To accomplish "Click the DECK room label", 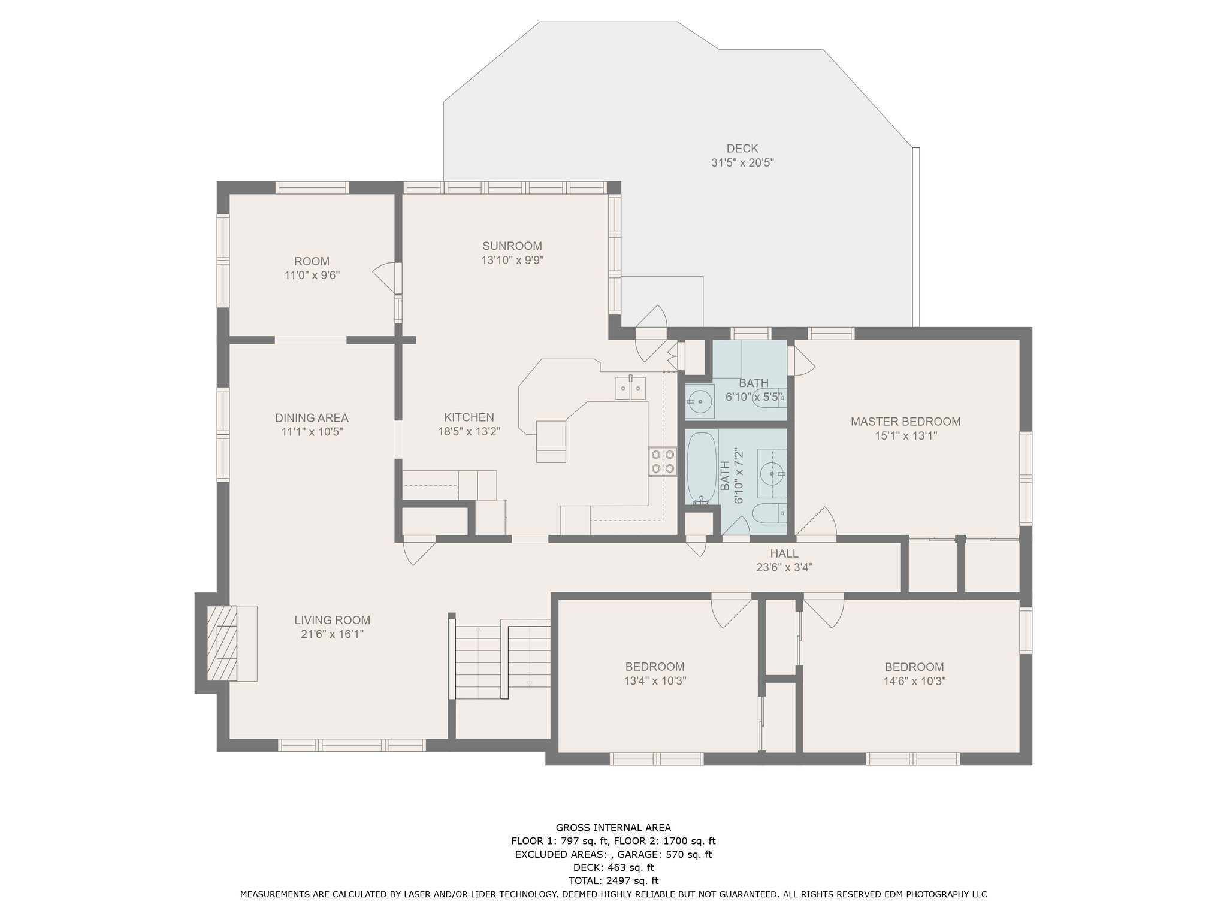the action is (x=742, y=149).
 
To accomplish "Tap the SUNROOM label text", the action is (x=512, y=246).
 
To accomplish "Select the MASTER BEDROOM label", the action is (x=905, y=422).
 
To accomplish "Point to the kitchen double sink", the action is (x=631, y=388).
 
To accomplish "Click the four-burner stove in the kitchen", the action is (x=662, y=462).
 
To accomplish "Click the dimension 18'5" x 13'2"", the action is (x=469, y=432).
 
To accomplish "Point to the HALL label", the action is (x=784, y=554).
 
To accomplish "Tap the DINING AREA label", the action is (x=312, y=418).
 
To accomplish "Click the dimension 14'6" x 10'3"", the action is (x=914, y=681).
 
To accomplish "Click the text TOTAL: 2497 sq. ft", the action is (x=613, y=880).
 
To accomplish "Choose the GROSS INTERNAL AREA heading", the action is (x=613, y=828).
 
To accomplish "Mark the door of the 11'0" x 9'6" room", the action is (x=386, y=277).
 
